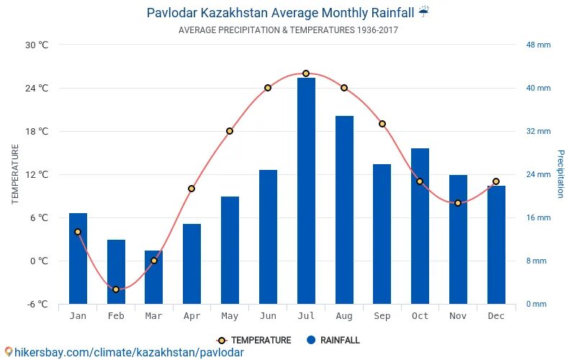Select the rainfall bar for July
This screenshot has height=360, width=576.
pyautogui.click(x=306, y=191)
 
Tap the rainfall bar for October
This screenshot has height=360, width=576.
pyautogui.click(x=420, y=226)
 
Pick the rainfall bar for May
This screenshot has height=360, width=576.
pyautogui.click(x=230, y=250)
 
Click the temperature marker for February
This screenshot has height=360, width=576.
pyautogui.click(x=115, y=289)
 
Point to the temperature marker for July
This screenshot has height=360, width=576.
pyautogui.click(x=306, y=73)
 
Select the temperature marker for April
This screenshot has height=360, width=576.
pyautogui.click(x=192, y=189)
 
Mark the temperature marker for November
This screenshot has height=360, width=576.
pyautogui.click(x=458, y=203)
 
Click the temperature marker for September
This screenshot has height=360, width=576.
pyautogui.click(x=382, y=124)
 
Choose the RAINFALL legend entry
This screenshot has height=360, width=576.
pyautogui.click(x=333, y=341)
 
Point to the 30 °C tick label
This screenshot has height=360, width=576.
pyautogui.click(x=37, y=45)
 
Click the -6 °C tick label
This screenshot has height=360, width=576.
pyautogui.click(x=37, y=304)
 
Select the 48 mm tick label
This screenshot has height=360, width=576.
pyautogui.click(x=538, y=45)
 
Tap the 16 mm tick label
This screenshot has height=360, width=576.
pyautogui.click(x=538, y=217)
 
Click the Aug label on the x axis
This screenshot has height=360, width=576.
pyautogui.click(x=344, y=316)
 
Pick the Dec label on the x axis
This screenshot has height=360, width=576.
pyautogui.click(x=496, y=316)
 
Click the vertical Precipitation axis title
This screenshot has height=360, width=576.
pyautogui.click(x=560, y=174)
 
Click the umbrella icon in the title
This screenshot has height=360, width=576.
pyautogui.click(x=424, y=12)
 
